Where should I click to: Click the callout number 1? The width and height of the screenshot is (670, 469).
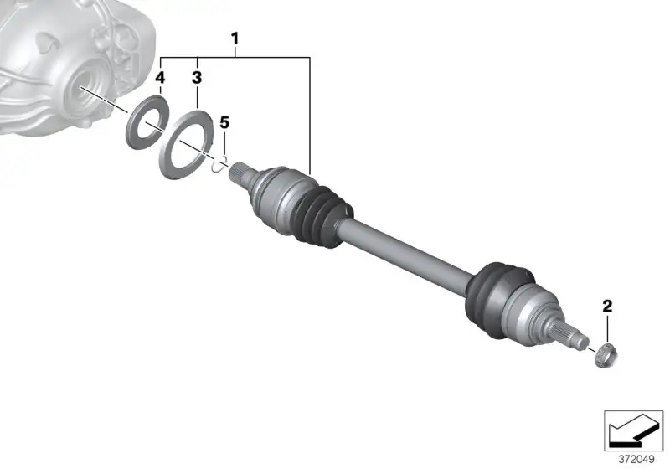click(234, 39)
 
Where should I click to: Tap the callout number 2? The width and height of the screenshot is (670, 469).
click(607, 306)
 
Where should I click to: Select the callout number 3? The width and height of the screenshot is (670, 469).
click(197, 78)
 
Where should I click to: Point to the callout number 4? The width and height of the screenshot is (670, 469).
click(160, 78)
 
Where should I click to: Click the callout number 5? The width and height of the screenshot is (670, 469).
click(224, 123)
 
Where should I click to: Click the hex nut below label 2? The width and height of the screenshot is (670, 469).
click(606, 355)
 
